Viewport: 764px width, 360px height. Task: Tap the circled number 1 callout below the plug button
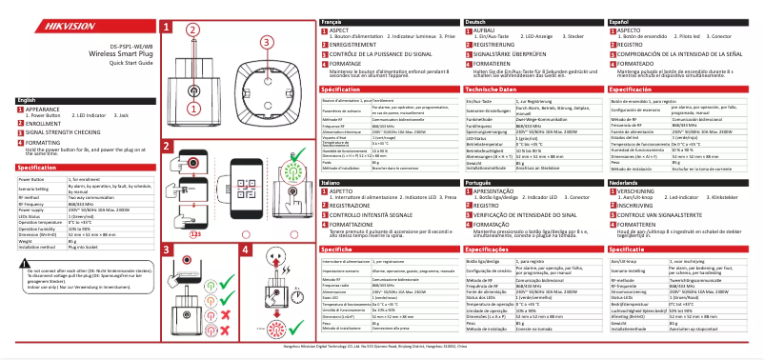pos(195,122)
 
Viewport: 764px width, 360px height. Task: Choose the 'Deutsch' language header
pos(475,21)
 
